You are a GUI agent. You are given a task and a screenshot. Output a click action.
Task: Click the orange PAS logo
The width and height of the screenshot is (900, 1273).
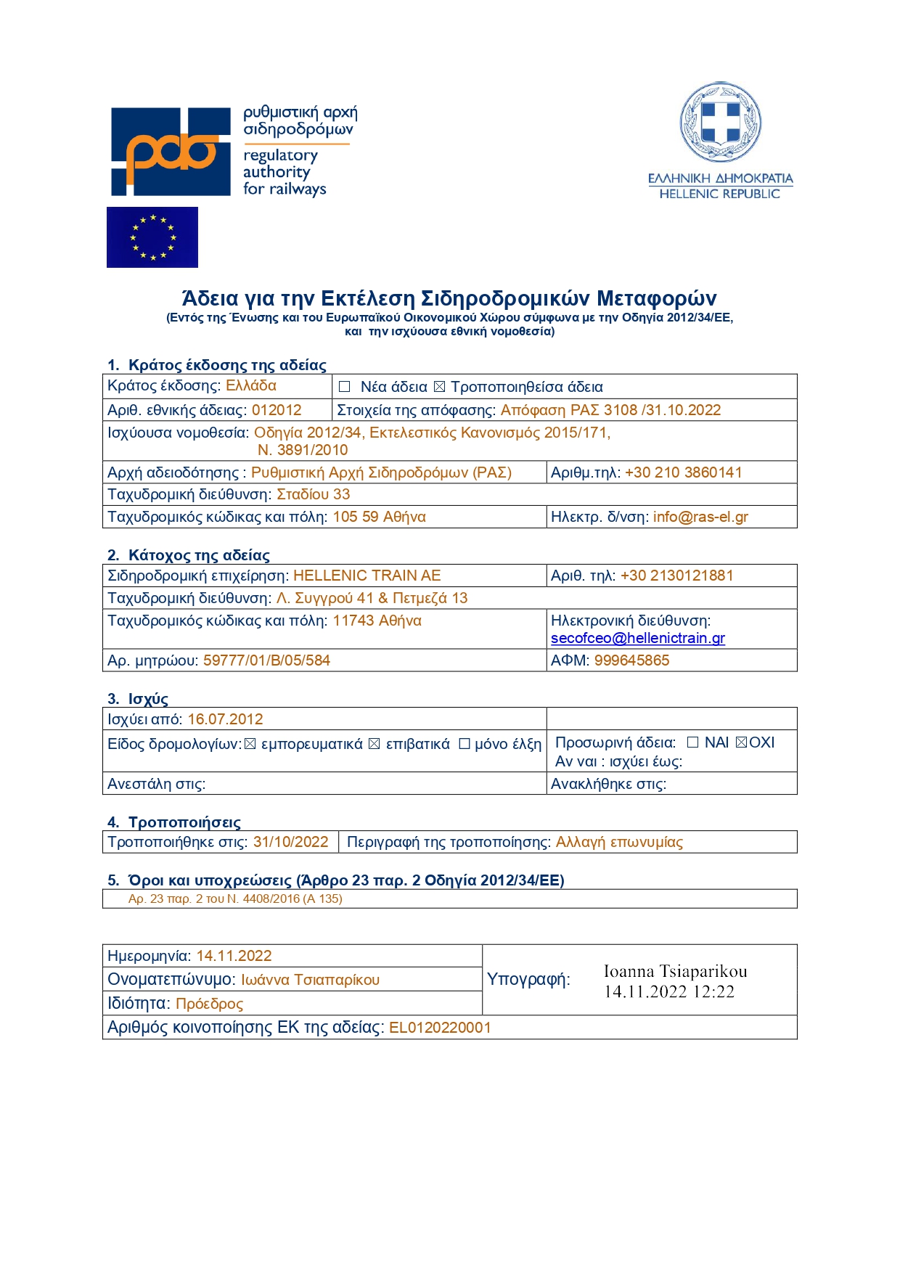click(171, 152)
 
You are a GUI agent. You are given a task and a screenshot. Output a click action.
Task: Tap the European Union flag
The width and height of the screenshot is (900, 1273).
click(152, 237)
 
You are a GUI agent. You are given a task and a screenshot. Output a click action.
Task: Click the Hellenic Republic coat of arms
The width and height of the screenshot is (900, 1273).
click(720, 122)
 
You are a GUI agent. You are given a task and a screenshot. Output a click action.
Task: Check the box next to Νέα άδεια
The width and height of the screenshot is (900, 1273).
click(345, 387)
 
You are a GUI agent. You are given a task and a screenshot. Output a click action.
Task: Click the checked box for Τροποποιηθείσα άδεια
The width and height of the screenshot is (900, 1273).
click(439, 387)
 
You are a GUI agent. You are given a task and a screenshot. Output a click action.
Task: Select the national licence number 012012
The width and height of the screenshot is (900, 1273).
click(277, 410)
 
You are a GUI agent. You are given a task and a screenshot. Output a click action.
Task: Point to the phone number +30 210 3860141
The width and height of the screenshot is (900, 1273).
click(683, 472)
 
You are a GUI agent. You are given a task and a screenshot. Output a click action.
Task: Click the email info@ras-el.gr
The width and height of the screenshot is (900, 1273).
click(700, 517)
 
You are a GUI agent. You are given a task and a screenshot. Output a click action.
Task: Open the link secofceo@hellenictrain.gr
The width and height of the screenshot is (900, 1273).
click(638, 638)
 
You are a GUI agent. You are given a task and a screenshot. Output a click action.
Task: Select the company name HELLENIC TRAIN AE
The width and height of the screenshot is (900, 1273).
click(367, 576)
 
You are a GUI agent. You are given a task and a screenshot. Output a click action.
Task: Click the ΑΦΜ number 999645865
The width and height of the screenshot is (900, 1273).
click(631, 660)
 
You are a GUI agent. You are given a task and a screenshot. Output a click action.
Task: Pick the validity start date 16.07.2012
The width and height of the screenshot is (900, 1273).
click(225, 719)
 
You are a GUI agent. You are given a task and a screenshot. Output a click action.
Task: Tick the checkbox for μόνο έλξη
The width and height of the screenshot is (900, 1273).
click(465, 744)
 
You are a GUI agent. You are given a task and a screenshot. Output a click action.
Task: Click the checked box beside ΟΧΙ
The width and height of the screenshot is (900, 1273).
click(741, 742)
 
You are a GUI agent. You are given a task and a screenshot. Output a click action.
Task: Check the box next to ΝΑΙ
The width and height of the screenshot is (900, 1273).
click(692, 742)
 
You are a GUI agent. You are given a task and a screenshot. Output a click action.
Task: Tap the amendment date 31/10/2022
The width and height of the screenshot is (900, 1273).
click(290, 842)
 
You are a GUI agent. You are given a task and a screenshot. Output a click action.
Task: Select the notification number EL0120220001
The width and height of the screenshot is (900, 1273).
click(440, 1028)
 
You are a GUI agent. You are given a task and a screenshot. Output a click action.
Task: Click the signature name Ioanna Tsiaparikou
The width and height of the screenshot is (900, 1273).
click(675, 972)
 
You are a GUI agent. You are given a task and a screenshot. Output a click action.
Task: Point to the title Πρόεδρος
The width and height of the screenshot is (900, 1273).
click(209, 1004)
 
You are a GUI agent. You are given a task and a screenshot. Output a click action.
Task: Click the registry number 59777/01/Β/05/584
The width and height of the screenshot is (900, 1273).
click(266, 660)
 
